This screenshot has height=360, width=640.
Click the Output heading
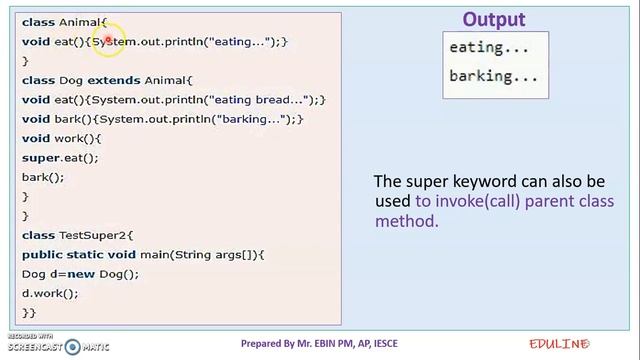(x=493, y=19)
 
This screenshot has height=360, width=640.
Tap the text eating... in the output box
(x=489, y=47)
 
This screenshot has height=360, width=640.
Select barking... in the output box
(x=493, y=75)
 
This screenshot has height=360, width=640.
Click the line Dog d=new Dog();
(x=80, y=274)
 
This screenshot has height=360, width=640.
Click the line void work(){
(x=61, y=138)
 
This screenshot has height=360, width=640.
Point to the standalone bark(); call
(x=42, y=177)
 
